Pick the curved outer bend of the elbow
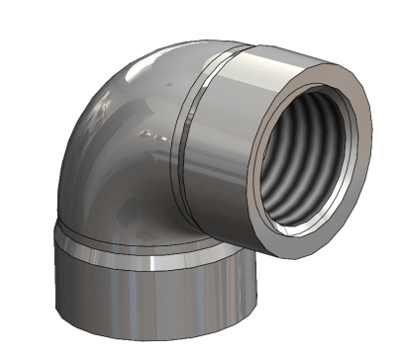pos(109,109)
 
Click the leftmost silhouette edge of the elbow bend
pos(66,168)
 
